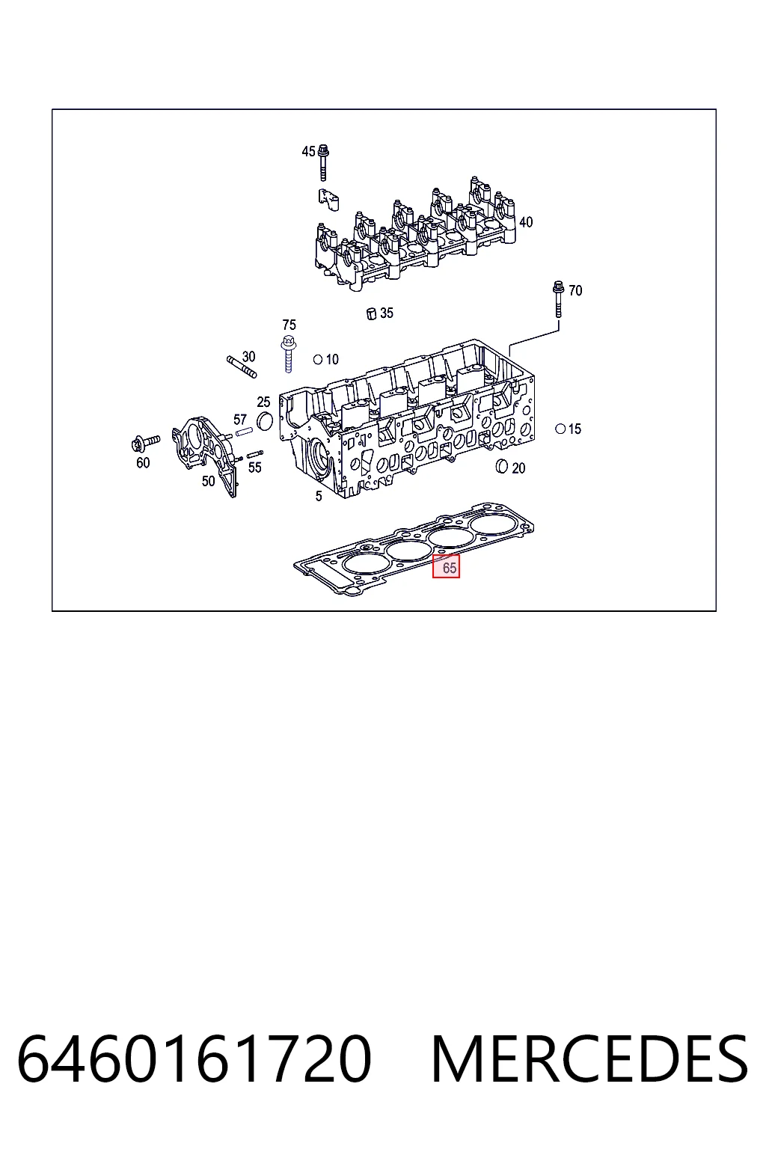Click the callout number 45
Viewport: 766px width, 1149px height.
(x=308, y=151)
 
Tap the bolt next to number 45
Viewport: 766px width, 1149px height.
(x=323, y=163)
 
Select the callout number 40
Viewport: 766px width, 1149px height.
(x=526, y=222)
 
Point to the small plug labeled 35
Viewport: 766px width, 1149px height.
(x=372, y=313)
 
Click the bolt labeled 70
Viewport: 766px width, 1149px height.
(x=558, y=299)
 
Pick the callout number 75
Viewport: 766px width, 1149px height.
(x=289, y=325)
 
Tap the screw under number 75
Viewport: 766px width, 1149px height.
(x=288, y=353)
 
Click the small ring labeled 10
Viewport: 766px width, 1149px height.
(x=318, y=360)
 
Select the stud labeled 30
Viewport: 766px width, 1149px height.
(x=242, y=367)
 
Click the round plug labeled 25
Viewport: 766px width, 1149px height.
(x=264, y=420)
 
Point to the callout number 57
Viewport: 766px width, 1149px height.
(x=240, y=420)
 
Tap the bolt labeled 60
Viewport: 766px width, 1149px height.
(x=146, y=443)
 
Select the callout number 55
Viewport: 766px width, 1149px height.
(x=255, y=468)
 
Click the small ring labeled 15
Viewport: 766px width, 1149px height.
(x=560, y=429)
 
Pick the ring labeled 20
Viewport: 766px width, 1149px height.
(x=502, y=466)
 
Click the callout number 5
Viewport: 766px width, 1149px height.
(x=319, y=496)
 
